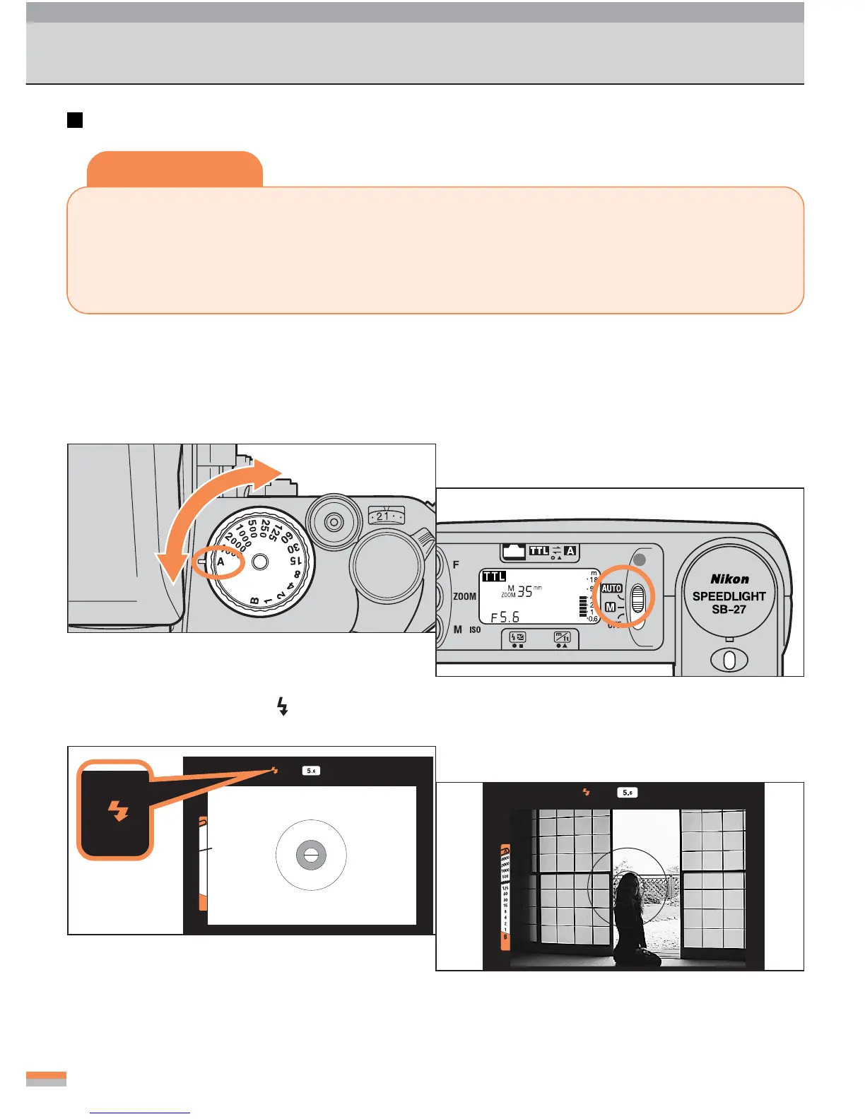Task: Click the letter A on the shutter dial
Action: point(220,562)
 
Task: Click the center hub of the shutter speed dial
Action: point(260,562)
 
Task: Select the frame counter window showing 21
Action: point(386,516)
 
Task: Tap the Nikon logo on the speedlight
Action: point(729,579)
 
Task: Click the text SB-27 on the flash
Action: point(729,610)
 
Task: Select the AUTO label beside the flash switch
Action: point(611,588)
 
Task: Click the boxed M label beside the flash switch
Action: point(610,607)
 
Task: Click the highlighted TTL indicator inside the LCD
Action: point(494,576)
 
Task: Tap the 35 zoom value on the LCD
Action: point(525,592)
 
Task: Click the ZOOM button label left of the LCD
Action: point(464,596)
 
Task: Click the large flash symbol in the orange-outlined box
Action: point(117,810)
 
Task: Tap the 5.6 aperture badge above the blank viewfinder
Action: point(311,771)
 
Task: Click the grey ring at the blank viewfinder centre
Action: point(310,855)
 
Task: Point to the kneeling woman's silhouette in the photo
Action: point(631,918)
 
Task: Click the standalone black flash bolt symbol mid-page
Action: point(283,706)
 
